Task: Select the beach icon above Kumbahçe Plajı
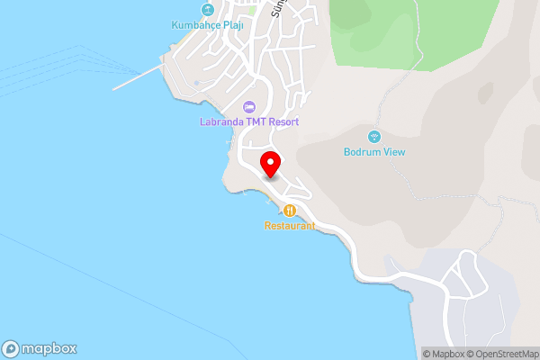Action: tap(208, 10)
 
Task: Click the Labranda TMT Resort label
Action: tap(249, 121)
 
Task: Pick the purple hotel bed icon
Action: tap(249, 107)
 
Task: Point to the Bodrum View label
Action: tap(374, 152)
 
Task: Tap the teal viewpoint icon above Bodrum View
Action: tap(374, 137)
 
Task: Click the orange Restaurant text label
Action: tap(290, 226)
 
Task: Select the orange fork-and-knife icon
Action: tap(290, 211)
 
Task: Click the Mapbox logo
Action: tap(40, 348)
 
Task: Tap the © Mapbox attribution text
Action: tap(445, 354)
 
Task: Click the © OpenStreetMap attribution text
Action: tap(502, 354)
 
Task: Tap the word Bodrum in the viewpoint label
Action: tap(362, 152)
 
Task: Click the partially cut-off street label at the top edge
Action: tap(276, 8)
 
